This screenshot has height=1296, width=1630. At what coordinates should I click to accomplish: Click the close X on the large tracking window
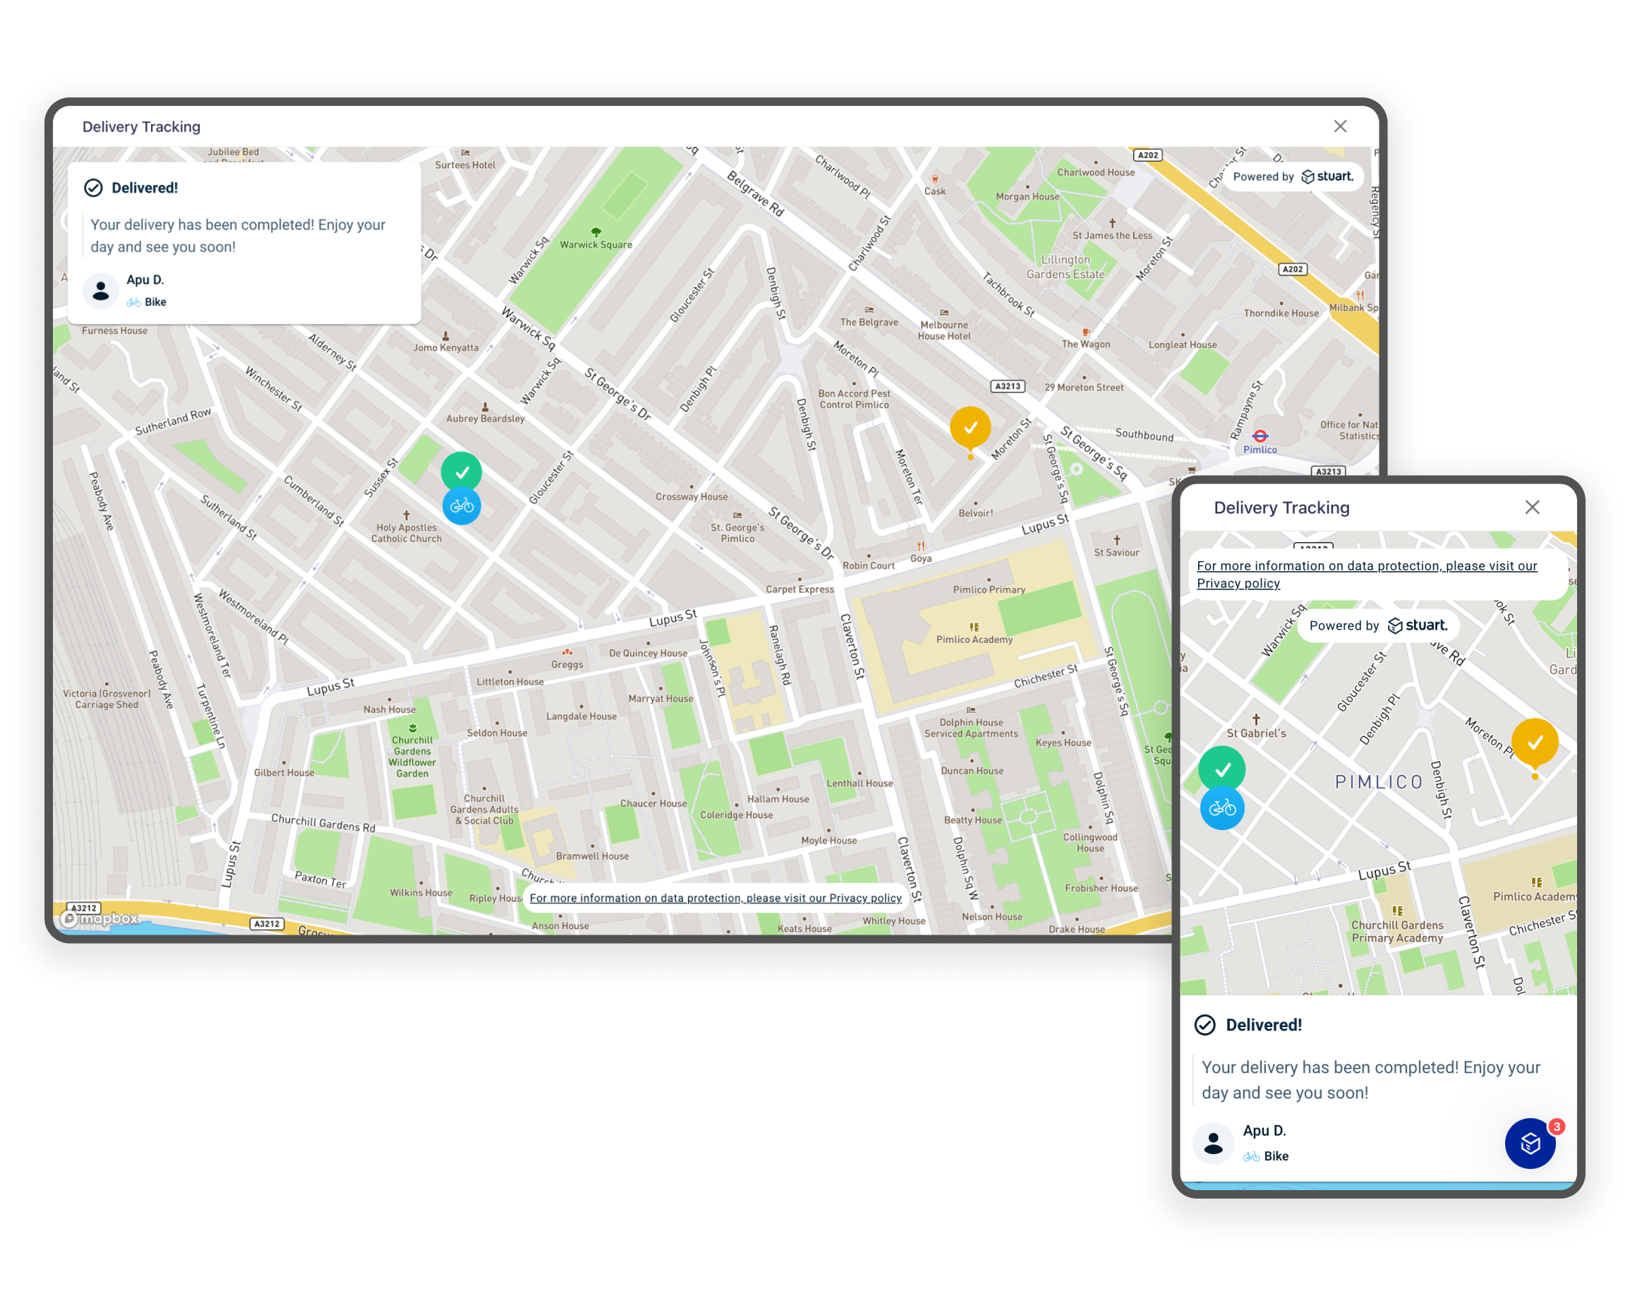1340,126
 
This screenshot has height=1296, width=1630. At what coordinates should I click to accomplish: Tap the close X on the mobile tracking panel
1532,508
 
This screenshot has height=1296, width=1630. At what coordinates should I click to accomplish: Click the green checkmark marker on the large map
461,472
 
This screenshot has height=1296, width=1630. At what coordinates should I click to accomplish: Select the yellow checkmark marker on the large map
970,427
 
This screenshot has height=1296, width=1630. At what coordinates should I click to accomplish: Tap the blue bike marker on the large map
461,506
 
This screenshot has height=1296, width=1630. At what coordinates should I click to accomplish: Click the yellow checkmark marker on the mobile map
1534,743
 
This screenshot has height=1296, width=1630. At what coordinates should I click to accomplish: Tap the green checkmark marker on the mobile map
1221,769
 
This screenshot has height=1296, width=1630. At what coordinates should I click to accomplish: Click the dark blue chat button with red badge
1530,1144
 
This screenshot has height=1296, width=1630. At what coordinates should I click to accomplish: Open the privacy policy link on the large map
716,899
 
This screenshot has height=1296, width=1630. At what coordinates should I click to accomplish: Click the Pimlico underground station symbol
1260,436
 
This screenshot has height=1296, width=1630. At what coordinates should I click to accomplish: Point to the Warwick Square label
596,244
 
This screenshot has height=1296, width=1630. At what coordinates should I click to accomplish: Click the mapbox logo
99,918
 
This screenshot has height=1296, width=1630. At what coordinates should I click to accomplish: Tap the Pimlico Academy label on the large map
974,640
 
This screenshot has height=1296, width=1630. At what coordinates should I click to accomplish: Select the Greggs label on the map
567,665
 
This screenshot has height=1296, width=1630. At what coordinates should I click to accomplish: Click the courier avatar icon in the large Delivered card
100,291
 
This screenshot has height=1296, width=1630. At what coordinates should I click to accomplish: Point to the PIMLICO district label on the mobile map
1378,782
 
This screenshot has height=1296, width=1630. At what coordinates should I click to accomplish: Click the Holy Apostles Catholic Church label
406,533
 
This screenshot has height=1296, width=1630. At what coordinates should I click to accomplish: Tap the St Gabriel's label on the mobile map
1256,733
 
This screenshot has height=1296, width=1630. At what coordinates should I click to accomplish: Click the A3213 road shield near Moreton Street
1007,386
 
